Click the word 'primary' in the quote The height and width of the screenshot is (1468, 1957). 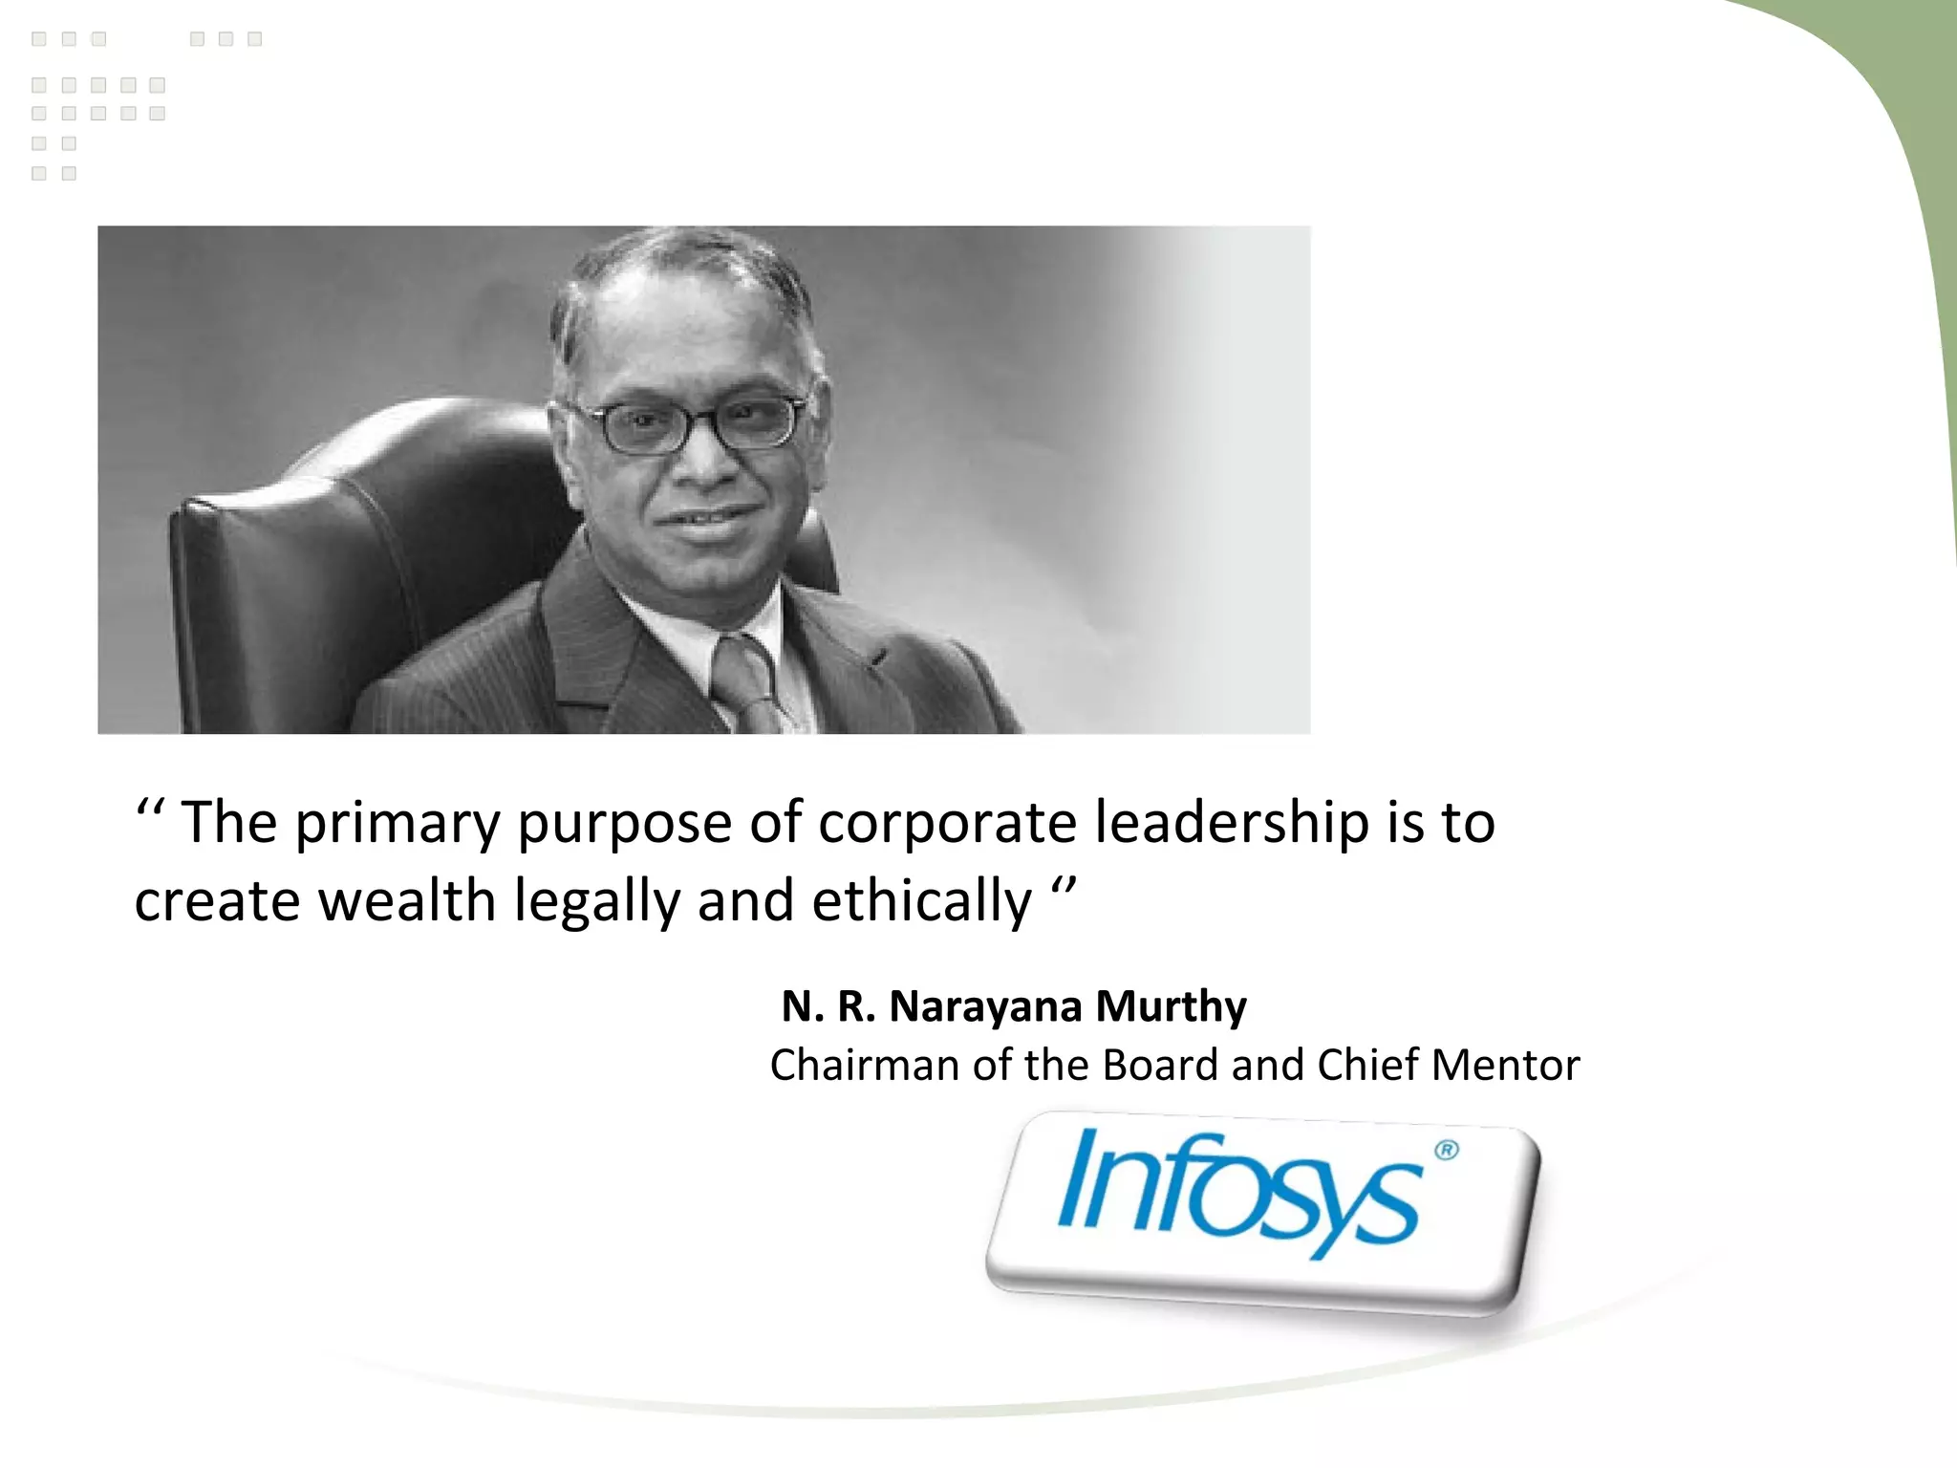(x=397, y=824)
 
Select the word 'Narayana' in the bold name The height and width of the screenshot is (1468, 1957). (x=985, y=1007)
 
